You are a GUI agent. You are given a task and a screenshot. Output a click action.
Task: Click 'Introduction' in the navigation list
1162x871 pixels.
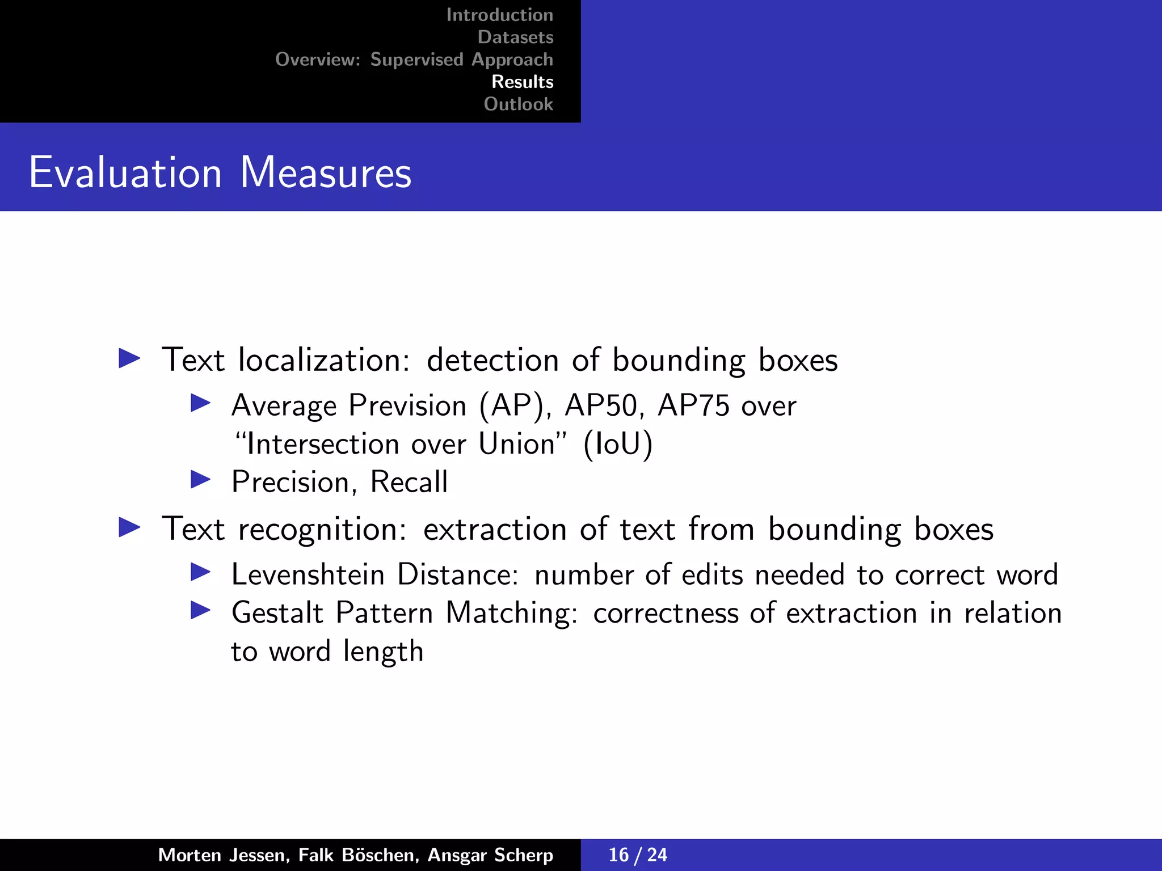[499, 15]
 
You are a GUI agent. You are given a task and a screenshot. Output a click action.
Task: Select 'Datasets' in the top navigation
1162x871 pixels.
[515, 37]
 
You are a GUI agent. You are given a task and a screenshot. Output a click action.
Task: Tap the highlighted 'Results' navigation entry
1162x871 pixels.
[522, 82]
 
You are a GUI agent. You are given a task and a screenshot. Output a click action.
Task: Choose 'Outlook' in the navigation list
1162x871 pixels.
[518, 104]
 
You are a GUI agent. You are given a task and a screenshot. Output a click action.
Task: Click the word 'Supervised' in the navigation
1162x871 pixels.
[416, 60]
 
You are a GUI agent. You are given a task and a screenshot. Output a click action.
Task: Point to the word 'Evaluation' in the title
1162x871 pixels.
[125, 172]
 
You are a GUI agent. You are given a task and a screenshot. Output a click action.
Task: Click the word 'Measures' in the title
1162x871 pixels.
[326, 172]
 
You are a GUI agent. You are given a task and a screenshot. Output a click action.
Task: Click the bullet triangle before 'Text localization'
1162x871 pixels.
[129, 358]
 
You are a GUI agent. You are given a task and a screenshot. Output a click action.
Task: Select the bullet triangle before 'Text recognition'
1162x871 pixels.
[129, 527]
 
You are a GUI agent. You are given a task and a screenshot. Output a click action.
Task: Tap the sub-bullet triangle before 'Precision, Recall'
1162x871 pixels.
[200, 480]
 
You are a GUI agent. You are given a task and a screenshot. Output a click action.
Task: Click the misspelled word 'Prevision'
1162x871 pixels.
[407, 406]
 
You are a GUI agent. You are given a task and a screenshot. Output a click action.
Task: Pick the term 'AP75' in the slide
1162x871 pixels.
[693, 406]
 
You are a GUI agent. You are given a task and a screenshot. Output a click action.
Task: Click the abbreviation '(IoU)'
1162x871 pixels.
[618, 444]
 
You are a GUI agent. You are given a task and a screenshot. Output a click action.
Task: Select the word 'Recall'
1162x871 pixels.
[409, 483]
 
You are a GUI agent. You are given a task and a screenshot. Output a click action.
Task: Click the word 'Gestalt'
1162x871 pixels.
[277, 613]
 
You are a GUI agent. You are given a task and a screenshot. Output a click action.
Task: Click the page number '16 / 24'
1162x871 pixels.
[638, 855]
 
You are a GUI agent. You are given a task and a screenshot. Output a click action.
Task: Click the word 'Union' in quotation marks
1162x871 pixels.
[516, 444]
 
